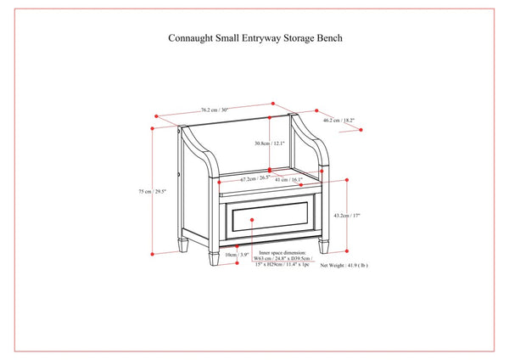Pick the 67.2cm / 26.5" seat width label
255,179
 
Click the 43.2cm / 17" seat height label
348,216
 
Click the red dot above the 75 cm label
153,127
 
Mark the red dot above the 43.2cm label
349,180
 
